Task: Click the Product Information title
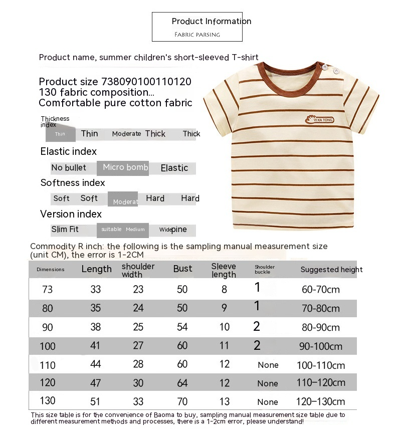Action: (x=211, y=21)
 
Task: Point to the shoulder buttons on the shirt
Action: (x=326, y=69)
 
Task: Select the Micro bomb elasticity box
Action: (x=125, y=167)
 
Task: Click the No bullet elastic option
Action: (x=69, y=167)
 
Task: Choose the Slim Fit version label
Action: (x=65, y=230)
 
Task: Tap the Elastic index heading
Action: (x=68, y=151)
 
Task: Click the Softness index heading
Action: (x=73, y=183)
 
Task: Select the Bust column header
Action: (x=182, y=269)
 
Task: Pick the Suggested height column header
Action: (x=331, y=270)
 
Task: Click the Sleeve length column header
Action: (x=224, y=270)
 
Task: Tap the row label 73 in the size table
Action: (x=47, y=289)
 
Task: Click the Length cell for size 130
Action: (x=95, y=401)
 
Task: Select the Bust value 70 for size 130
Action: (x=182, y=401)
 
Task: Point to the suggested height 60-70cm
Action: (x=321, y=290)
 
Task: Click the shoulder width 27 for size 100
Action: (x=138, y=346)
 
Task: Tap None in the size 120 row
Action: (x=268, y=383)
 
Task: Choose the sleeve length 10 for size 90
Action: (x=224, y=327)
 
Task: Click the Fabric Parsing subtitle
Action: (x=197, y=35)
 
